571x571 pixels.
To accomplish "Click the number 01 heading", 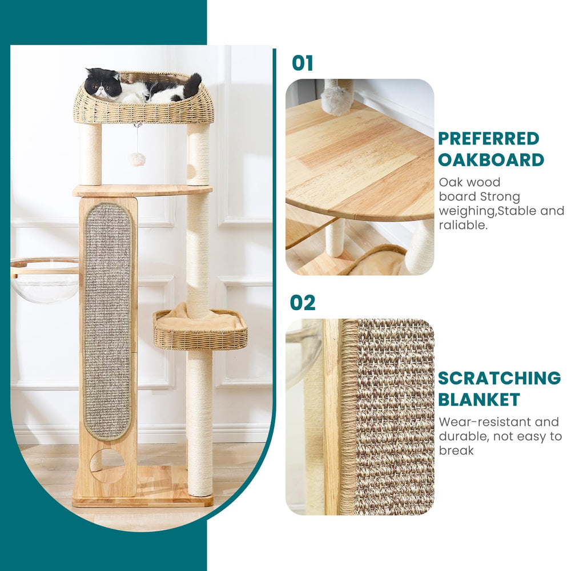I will [x=303, y=63].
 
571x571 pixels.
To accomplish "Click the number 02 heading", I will [x=303, y=302].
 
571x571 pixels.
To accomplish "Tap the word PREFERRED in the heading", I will [x=488, y=139].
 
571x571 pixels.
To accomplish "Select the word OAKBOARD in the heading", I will [x=490, y=159].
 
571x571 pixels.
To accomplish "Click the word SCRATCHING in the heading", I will [x=499, y=378].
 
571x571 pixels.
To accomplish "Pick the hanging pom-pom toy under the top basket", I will [x=136, y=159].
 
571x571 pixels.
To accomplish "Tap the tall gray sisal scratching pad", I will [x=107, y=320].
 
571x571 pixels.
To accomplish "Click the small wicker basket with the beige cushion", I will [x=200, y=331].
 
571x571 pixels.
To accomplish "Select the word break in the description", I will [x=456, y=451].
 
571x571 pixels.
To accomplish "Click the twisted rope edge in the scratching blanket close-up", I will [x=348, y=417].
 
